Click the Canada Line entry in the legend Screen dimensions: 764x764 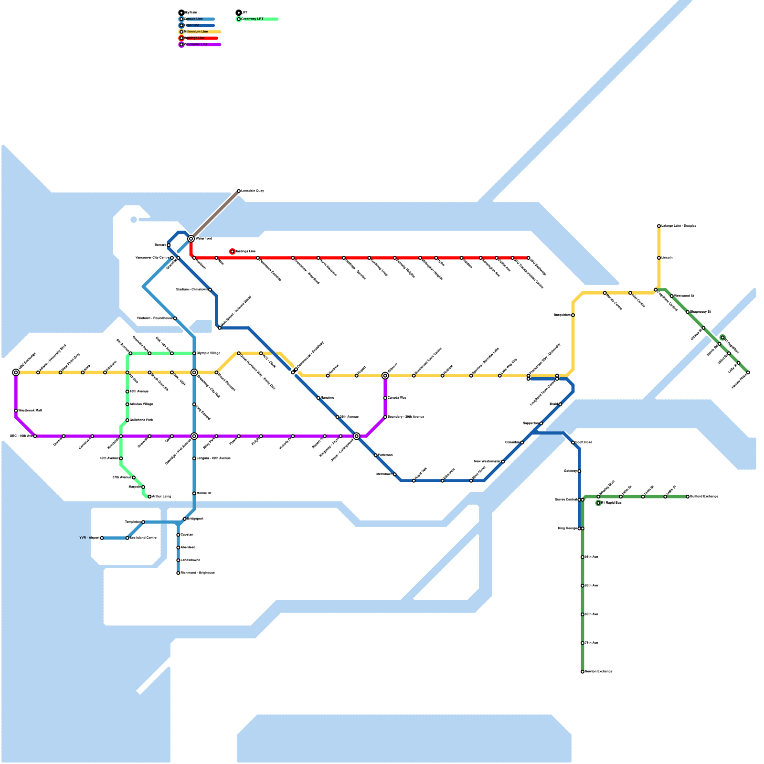(x=193, y=19)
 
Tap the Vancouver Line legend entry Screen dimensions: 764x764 (x=196, y=44)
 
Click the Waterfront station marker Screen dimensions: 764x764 (x=191, y=239)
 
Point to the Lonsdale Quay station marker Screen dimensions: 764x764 (x=239, y=191)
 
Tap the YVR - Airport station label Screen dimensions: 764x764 (x=89, y=538)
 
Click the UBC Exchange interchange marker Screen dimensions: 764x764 (x=16, y=372)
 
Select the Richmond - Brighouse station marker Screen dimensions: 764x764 (x=178, y=573)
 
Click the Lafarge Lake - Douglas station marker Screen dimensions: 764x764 (x=659, y=226)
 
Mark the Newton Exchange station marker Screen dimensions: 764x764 (x=583, y=672)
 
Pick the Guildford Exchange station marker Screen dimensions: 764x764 (x=688, y=497)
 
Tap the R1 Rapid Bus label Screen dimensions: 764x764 (x=611, y=503)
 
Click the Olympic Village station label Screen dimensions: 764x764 (x=209, y=353)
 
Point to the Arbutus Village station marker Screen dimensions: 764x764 (x=127, y=404)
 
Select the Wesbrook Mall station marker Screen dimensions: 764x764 (x=16, y=411)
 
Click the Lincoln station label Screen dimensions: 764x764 (x=667, y=258)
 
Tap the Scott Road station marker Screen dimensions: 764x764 (x=573, y=443)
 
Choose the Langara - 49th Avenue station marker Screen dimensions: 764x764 (x=194, y=458)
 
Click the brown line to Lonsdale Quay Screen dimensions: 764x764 (x=215, y=215)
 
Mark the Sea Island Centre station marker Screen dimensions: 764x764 (x=127, y=538)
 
